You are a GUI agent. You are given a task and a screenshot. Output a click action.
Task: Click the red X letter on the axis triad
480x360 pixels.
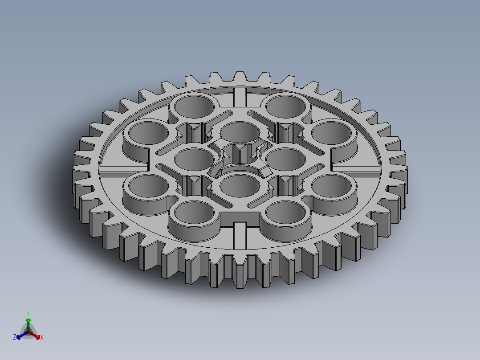41,337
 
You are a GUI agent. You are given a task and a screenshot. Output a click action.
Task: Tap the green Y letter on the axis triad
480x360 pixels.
28,313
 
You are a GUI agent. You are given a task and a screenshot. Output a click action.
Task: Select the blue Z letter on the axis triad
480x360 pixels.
15,337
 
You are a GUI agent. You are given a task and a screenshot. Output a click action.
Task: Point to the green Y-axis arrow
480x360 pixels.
28,322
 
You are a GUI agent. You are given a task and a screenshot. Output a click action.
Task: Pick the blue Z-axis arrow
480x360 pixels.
20,335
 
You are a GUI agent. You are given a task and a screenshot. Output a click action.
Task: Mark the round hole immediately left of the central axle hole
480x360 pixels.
195,158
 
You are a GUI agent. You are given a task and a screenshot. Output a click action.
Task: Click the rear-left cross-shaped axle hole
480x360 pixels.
194,133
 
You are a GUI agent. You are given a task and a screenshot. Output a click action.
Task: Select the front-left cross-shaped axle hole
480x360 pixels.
194,185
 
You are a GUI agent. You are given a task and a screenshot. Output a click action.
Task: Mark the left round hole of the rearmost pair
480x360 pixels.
193,106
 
